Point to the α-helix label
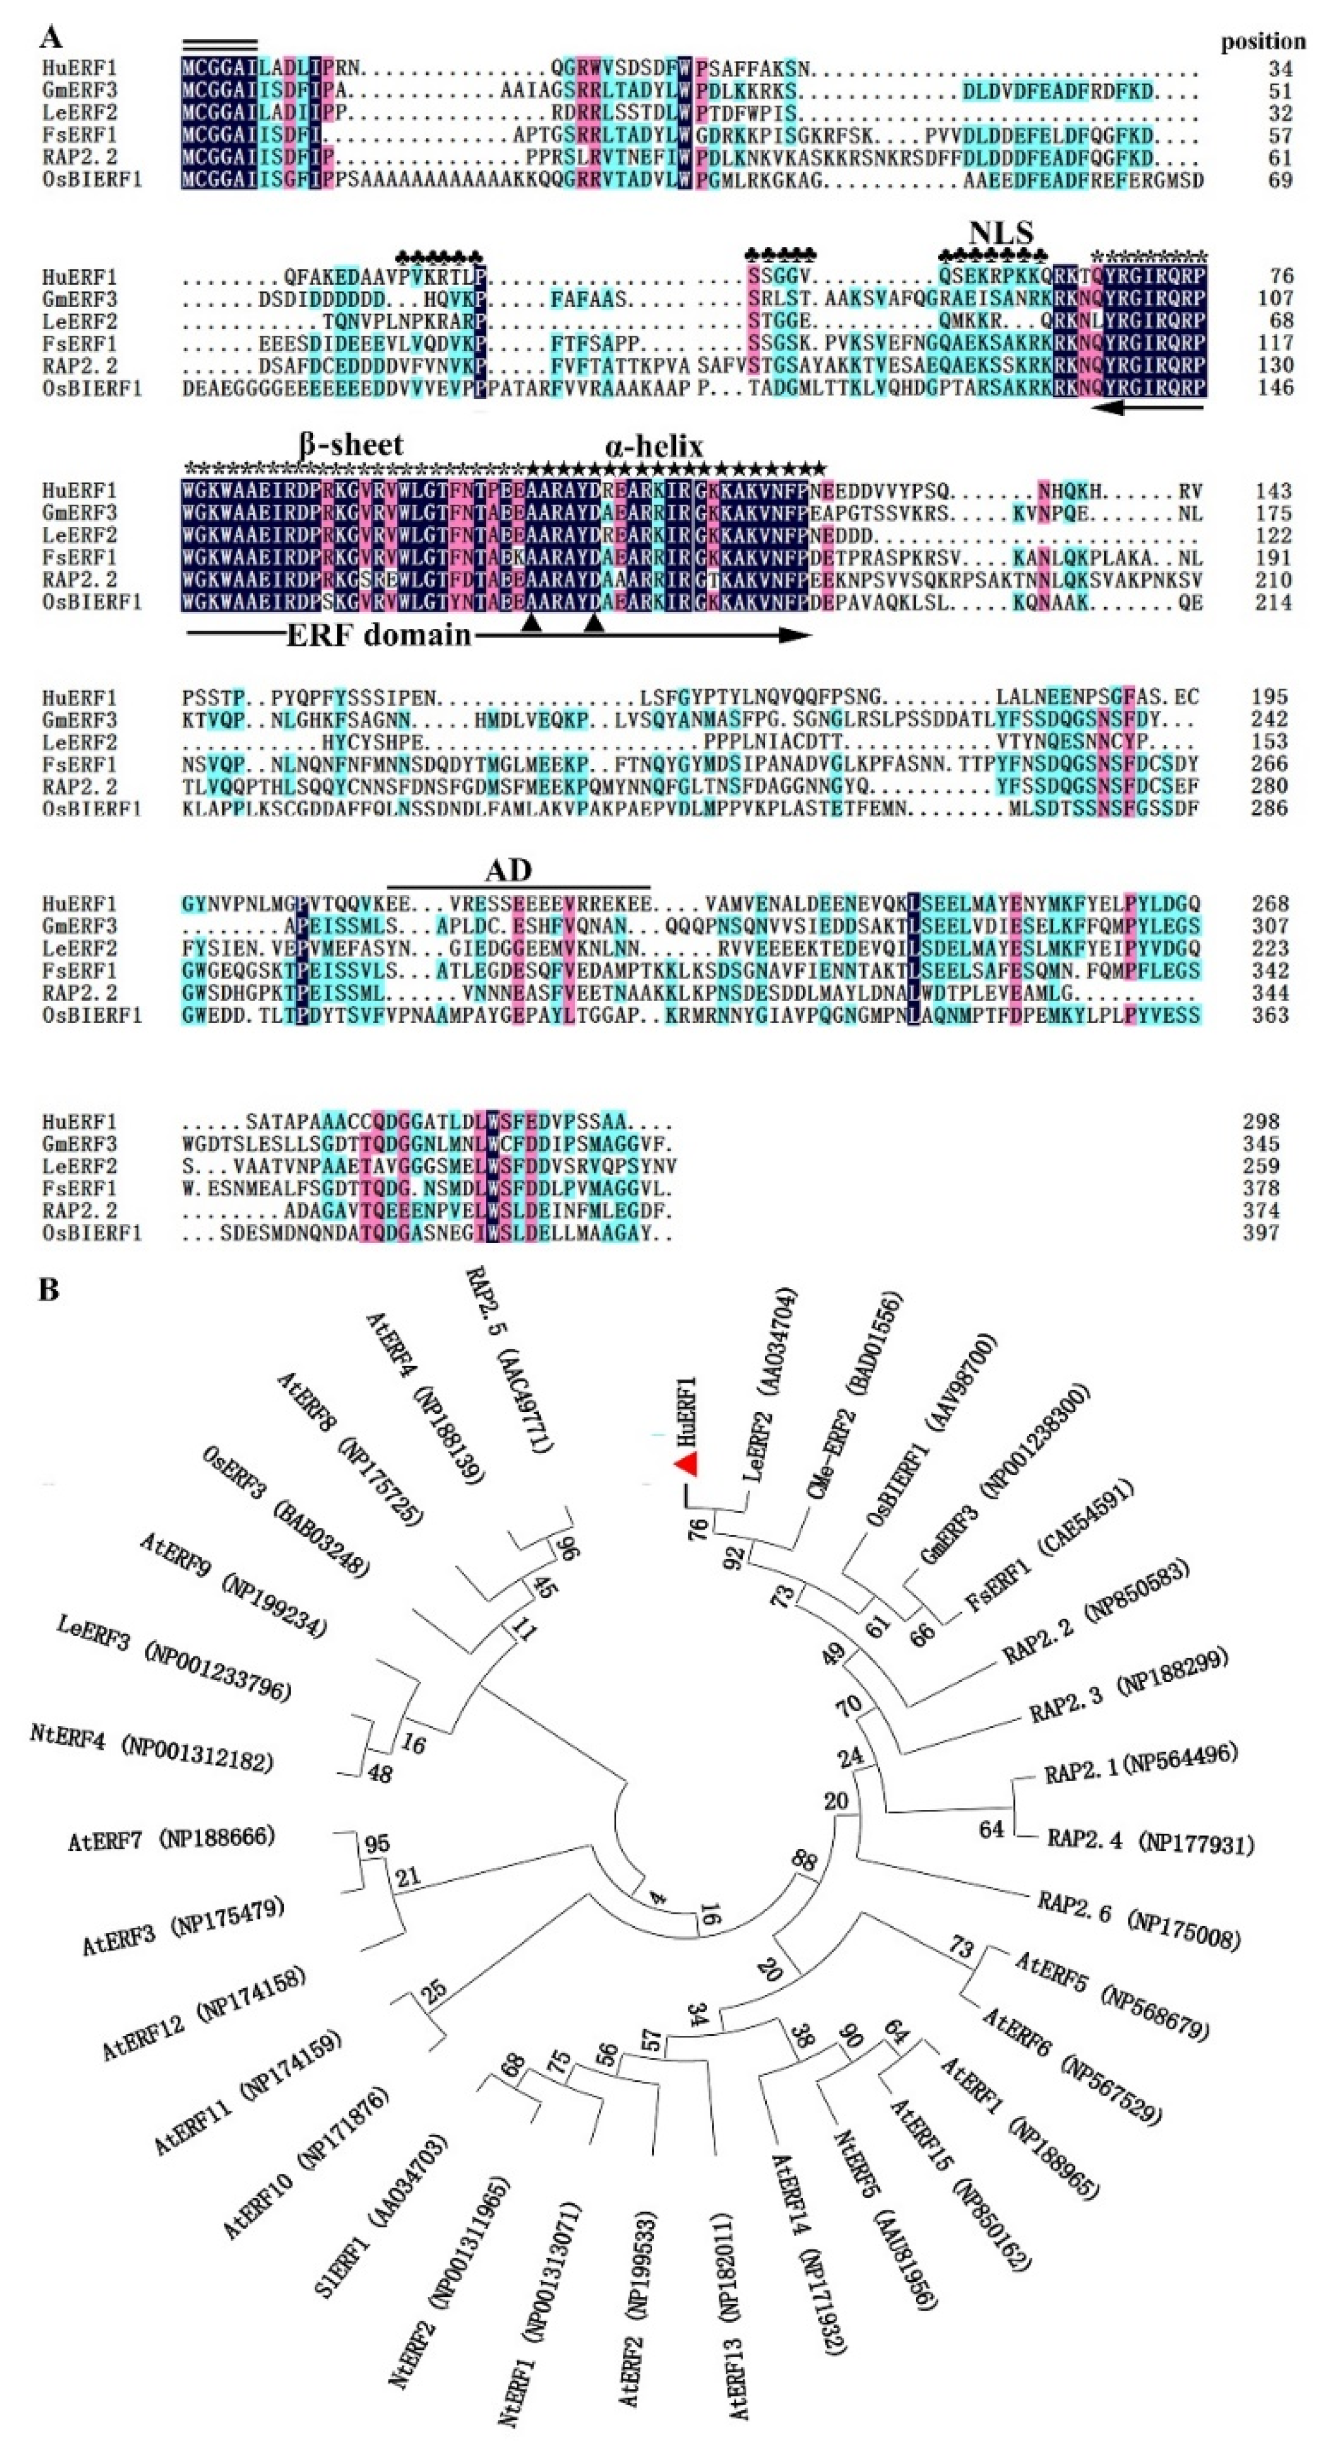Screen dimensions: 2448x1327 [x=654, y=446]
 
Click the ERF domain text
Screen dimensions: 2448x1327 [x=380, y=635]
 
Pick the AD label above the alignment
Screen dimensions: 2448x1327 [x=509, y=870]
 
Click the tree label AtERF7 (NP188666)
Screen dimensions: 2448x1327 [x=171, y=1839]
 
